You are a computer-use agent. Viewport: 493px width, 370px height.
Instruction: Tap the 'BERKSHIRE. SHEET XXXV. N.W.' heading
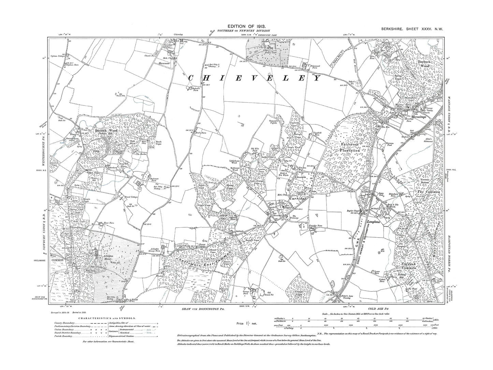(412, 29)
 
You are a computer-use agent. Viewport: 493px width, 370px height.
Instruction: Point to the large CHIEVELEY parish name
(255, 78)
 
